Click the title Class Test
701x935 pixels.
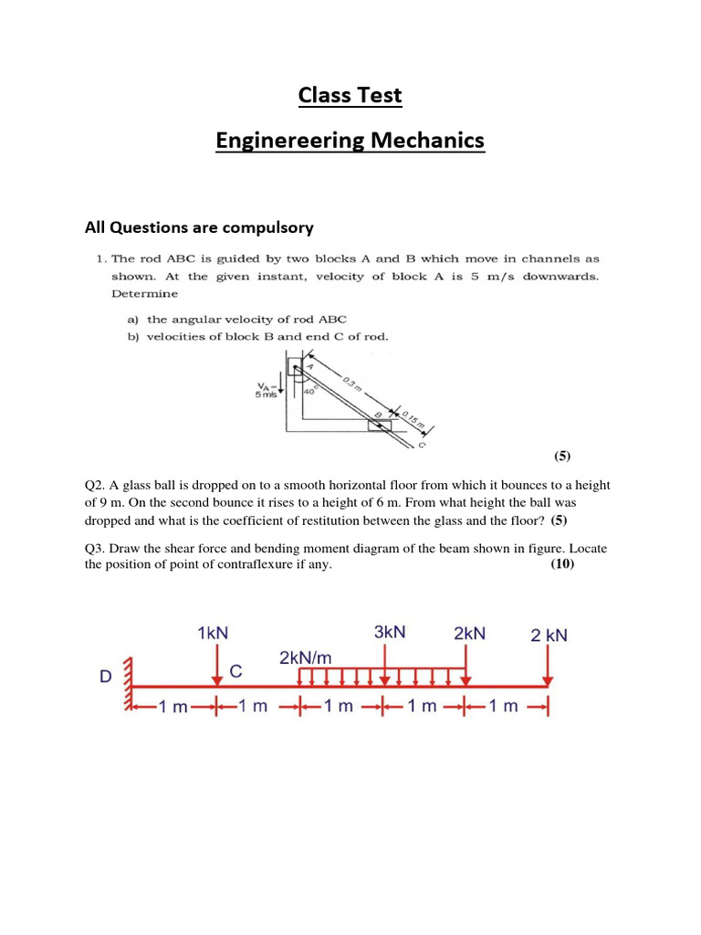tap(350, 95)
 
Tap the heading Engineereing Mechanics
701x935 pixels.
tap(350, 141)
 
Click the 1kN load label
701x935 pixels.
tap(214, 633)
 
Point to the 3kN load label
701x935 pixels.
tap(389, 633)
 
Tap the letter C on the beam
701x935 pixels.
tap(235, 672)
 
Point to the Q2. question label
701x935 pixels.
tap(96, 485)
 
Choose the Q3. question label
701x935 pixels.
tap(96, 548)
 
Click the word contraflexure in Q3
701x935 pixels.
tap(278, 565)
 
